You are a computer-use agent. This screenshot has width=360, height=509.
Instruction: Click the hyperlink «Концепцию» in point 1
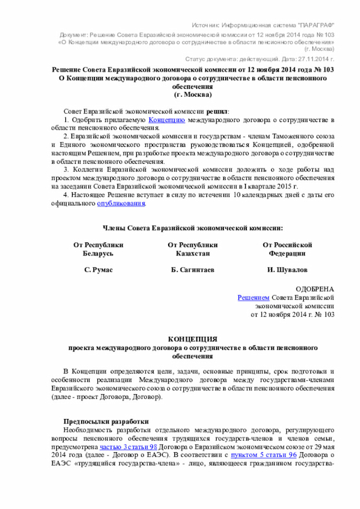point(167,120)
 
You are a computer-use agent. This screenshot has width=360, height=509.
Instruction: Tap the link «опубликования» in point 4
point(121,203)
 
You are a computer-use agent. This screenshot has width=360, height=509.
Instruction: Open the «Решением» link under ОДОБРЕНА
point(253,297)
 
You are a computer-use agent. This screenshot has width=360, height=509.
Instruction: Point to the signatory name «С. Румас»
point(98,271)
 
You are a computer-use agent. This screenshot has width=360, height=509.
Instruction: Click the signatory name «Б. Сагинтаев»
point(192,271)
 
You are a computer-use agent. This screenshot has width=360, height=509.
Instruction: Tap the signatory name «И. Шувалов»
point(287,271)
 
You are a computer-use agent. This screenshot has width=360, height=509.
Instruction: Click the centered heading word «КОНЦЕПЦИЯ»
point(193,339)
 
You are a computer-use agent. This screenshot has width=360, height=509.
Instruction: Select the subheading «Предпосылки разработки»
point(106,421)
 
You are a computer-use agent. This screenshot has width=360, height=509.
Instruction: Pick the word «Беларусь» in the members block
point(98,254)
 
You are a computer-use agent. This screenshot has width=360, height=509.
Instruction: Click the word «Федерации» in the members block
point(287,254)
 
